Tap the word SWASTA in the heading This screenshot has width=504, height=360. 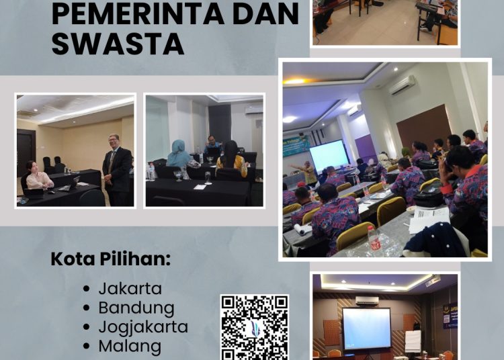coord(117,43)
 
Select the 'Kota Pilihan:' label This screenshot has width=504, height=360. coord(110,259)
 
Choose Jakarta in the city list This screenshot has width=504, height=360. coord(130,289)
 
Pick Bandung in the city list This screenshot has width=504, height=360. coord(136,308)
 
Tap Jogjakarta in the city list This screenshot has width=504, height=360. coord(142,328)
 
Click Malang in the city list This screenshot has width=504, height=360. coord(130,347)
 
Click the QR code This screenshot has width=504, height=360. coord(254,327)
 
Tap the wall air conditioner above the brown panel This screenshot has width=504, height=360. coord(402,85)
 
